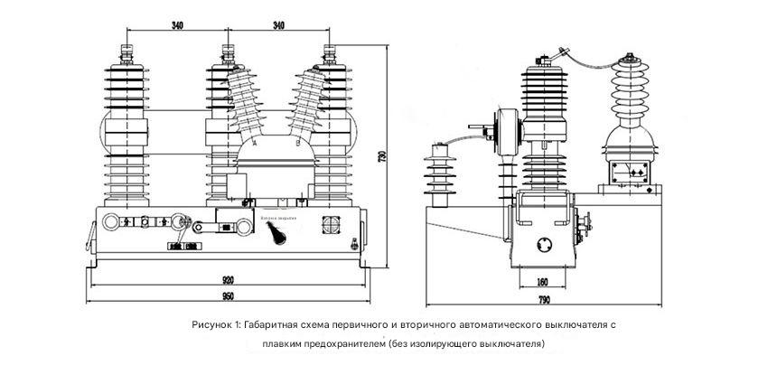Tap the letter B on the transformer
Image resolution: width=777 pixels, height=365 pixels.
coord(297,145)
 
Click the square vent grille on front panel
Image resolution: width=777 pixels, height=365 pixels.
coord(330,225)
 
